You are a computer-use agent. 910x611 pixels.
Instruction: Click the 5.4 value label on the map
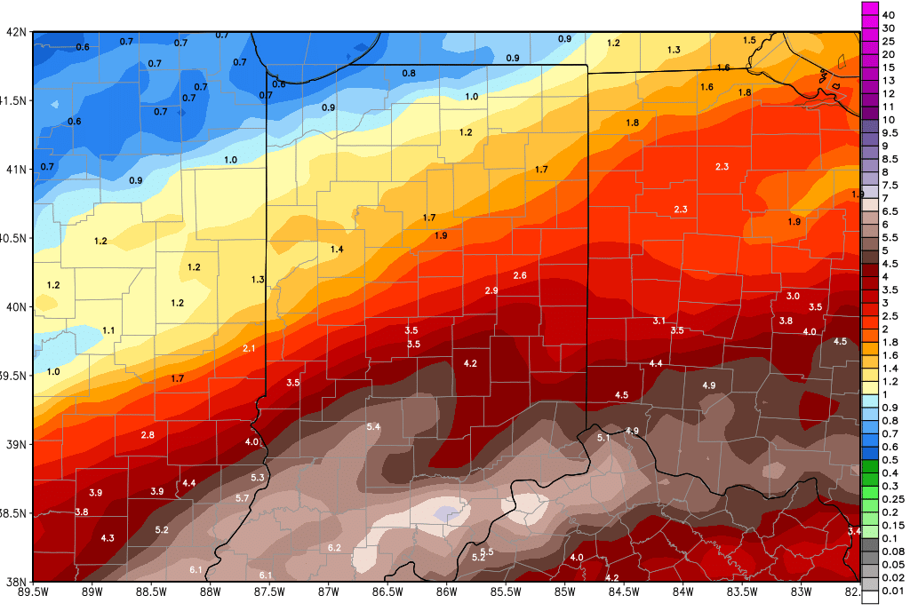click(373, 427)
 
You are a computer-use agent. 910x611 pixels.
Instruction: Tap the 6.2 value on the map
click(334, 548)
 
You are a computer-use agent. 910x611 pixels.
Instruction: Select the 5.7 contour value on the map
click(242, 499)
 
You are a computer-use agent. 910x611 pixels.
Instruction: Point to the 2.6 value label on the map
click(520, 276)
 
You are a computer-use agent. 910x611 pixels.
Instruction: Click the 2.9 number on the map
click(491, 291)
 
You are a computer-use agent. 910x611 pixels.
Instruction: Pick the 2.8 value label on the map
click(148, 435)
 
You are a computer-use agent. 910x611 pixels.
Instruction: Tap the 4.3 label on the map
click(108, 538)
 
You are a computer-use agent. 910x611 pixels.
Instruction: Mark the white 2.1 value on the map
click(249, 349)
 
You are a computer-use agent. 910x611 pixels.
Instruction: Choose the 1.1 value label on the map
click(108, 330)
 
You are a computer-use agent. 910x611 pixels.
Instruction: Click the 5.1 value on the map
click(603, 438)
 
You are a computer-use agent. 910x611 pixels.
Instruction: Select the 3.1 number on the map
click(659, 321)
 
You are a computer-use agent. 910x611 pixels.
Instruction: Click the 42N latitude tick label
click(17, 32)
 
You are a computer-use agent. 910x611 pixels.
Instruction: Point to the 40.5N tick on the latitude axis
click(13, 238)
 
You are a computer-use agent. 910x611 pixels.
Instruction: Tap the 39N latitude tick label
click(17, 444)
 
